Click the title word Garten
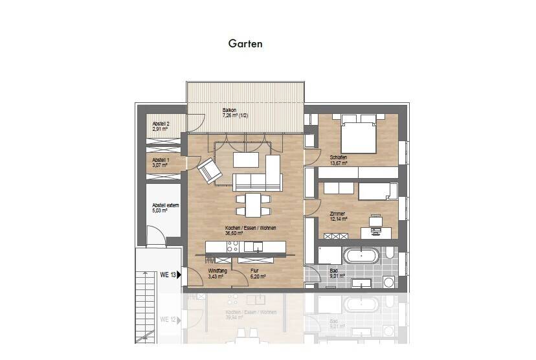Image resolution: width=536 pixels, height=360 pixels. pyautogui.click(x=245, y=44)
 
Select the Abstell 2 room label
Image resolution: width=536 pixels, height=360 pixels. pyautogui.click(x=161, y=124)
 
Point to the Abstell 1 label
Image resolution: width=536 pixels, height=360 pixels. pyautogui.click(x=161, y=160)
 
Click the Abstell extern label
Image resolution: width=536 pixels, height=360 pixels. pyautogui.click(x=166, y=205)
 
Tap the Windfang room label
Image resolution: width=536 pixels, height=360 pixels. pyautogui.click(x=217, y=271)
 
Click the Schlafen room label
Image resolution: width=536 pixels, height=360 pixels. pyautogui.click(x=338, y=157)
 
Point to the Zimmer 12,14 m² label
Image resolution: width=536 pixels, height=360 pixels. pyautogui.click(x=338, y=216)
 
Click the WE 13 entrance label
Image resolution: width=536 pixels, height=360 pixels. pyautogui.click(x=168, y=275)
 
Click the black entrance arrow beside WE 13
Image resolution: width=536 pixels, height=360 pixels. pyautogui.click(x=179, y=275)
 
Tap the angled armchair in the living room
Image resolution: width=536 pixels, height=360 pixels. pyautogui.click(x=209, y=170)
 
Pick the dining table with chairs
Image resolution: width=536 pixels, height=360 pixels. pyautogui.click(x=249, y=203)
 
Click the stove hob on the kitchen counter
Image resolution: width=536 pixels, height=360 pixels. pyautogui.click(x=232, y=247)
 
